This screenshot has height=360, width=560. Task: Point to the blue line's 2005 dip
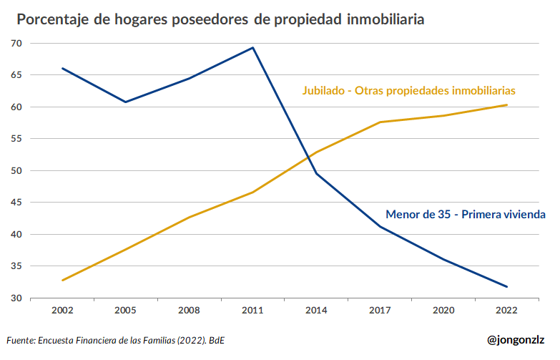coord(126,102)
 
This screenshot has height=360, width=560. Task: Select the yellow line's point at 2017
coord(380,122)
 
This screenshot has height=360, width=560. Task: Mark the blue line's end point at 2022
coord(506,287)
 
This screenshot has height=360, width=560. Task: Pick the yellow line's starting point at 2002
coord(63,280)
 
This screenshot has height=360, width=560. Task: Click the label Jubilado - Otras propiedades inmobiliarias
coord(408,91)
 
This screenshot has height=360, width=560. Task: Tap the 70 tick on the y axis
coord(16,44)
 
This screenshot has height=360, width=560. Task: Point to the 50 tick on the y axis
coord(16,171)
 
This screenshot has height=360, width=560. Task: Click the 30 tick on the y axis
coord(16,298)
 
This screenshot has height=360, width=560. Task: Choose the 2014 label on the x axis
coord(316,310)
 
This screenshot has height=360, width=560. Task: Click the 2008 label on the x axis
coord(190,310)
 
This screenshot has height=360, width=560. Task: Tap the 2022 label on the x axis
coord(506,310)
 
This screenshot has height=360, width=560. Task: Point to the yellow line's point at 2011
coord(253,192)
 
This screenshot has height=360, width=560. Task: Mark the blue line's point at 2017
coord(380,227)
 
